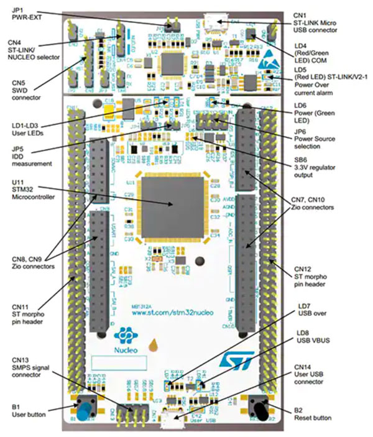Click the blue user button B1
click(83, 409)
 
